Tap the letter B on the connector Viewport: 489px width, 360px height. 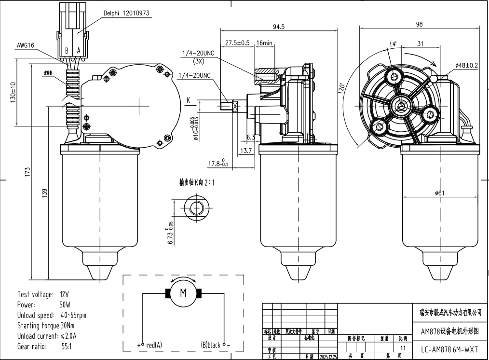(x=67, y=51)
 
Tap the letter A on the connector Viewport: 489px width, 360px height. (x=79, y=51)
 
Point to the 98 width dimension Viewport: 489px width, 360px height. (x=419, y=24)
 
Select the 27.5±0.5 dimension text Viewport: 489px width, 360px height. (x=237, y=42)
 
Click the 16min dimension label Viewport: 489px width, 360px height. (x=265, y=42)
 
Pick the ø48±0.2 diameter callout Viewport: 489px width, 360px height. (x=466, y=65)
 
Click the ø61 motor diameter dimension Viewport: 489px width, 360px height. (x=439, y=193)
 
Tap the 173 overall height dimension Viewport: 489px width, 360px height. (x=28, y=171)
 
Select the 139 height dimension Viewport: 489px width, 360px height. (x=45, y=193)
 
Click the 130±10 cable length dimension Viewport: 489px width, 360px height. (x=14, y=92)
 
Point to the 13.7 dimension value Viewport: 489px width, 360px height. (x=246, y=151)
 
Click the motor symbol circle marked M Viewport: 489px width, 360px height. (x=183, y=293)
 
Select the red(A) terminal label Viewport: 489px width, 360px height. (x=154, y=345)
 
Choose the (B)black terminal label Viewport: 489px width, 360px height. (x=211, y=345)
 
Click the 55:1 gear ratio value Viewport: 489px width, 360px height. (x=67, y=346)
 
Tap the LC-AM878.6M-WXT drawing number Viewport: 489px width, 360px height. (x=449, y=349)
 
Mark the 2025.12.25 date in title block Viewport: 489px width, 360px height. (x=328, y=357)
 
